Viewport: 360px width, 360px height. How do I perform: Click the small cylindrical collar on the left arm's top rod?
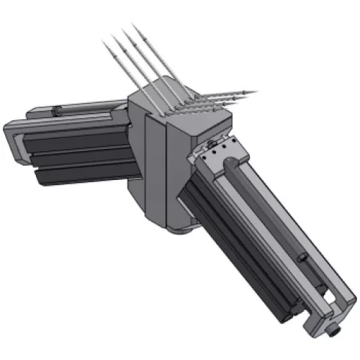click(57, 111)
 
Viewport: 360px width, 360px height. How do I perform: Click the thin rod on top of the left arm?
click(86, 109)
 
